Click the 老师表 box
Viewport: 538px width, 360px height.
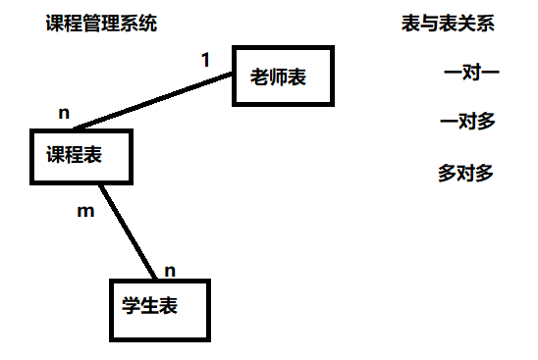coord(283,76)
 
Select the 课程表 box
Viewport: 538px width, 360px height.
coord(81,156)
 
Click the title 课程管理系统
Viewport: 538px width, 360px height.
coord(100,24)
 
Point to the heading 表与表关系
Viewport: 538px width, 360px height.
coord(447,25)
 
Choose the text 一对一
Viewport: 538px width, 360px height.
coord(472,73)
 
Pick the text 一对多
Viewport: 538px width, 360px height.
coord(468,123)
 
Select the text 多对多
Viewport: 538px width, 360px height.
coord(465,174)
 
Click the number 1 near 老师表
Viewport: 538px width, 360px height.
coord(205,60)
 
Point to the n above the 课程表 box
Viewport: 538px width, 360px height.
coord(64,113)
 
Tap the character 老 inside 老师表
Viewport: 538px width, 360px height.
coord(259,77)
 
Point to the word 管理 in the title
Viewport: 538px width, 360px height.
coord(100,24)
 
